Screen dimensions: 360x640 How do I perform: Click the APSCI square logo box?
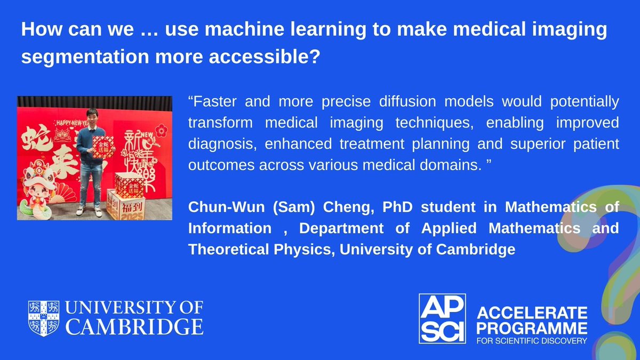tap(442, 319)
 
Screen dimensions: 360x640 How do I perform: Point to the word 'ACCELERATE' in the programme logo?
tap(531, 311)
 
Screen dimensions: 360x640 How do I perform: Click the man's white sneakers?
tap(88, 212)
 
